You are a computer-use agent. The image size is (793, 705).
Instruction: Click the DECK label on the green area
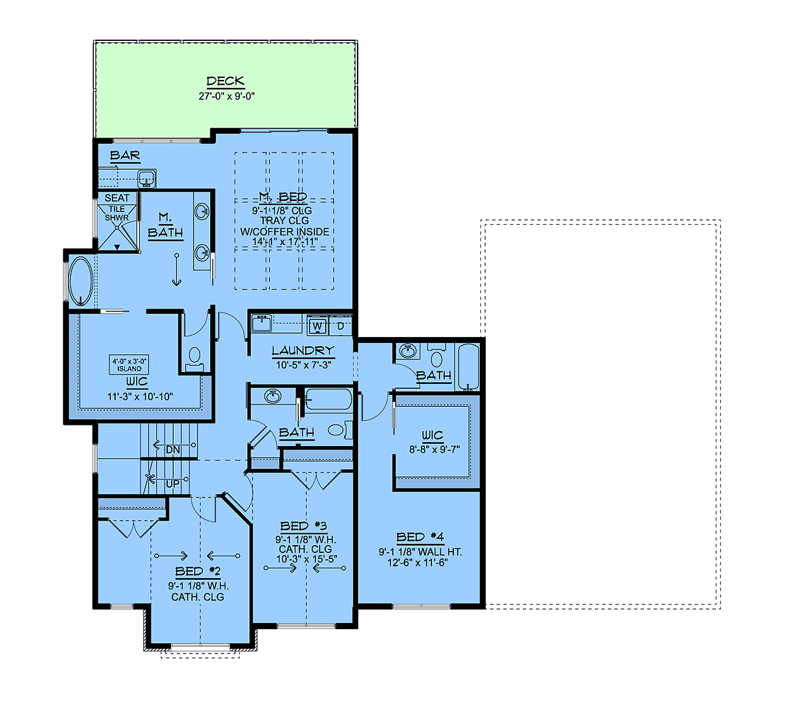(x=225, y=81)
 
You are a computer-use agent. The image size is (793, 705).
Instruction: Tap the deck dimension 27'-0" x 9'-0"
(x=227, y=96)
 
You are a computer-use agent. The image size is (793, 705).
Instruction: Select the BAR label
(x=125, y=155)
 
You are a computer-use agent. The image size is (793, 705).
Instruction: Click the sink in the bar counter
(x=147, y=178)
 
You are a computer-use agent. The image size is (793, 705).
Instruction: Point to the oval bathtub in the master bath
(x=81, y=281)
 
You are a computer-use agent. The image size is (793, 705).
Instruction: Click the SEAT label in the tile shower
(x=117, y=198)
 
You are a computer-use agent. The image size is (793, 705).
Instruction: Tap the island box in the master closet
(x=129, y=365)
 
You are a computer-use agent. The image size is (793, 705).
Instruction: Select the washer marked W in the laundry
(x=317, y=326)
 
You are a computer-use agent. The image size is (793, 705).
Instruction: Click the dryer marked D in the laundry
(x=340, y=326)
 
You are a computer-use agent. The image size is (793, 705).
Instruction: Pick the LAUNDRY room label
(x=303, y=350)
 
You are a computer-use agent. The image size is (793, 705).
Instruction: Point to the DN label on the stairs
(x=172, y=450)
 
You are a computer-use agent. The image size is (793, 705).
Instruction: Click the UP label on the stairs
(x=172, y=484)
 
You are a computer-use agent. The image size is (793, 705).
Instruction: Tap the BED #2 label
(x=198, y=572)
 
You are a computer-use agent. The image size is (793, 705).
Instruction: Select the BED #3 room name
(x=303, y=526)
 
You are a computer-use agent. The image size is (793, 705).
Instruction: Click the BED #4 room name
(x=420, y=537)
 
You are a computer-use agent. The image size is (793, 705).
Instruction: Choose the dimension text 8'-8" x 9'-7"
(x=434, y=449)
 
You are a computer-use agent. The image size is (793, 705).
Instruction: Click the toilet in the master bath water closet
(x=194, y=359)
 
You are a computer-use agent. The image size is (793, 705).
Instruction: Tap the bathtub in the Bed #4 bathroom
(x=468, y=367)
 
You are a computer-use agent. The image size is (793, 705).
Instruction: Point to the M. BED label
(x=283, y=196)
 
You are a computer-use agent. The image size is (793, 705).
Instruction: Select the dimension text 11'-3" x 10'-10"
(x=140, y=396)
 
